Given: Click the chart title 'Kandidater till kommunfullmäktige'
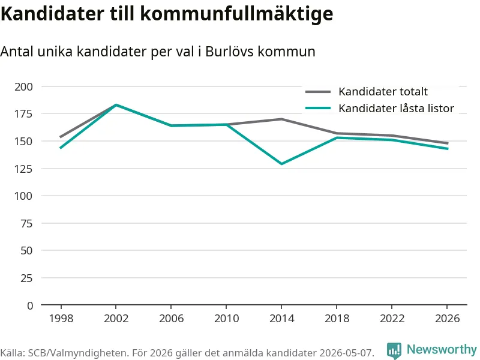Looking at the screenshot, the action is [167, 14].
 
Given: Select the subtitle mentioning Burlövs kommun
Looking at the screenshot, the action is [158, 52].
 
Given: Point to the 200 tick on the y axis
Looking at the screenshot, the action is [23, 86].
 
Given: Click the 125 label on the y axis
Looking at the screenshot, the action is [23, 169].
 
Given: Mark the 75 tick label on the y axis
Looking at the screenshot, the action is [26, 223].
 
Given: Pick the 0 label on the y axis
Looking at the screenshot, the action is [30, 305].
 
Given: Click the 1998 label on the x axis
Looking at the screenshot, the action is [61, 319].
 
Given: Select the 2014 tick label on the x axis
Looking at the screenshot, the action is [281, 319].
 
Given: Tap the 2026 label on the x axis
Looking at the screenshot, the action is [447, 319].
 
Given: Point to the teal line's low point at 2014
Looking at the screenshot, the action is [281, 164].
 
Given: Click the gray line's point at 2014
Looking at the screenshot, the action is [281, 119].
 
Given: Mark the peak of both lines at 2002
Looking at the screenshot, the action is [116, 105].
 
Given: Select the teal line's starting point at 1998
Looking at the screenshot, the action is [61, 148].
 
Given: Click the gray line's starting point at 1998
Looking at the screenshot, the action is [61, 137].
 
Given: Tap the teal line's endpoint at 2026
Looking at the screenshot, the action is [448, 149].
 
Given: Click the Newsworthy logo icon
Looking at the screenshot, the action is [394, 350].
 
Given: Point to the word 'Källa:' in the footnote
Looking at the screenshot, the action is [13, 353].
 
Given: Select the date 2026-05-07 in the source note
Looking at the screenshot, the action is [347, 353].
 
